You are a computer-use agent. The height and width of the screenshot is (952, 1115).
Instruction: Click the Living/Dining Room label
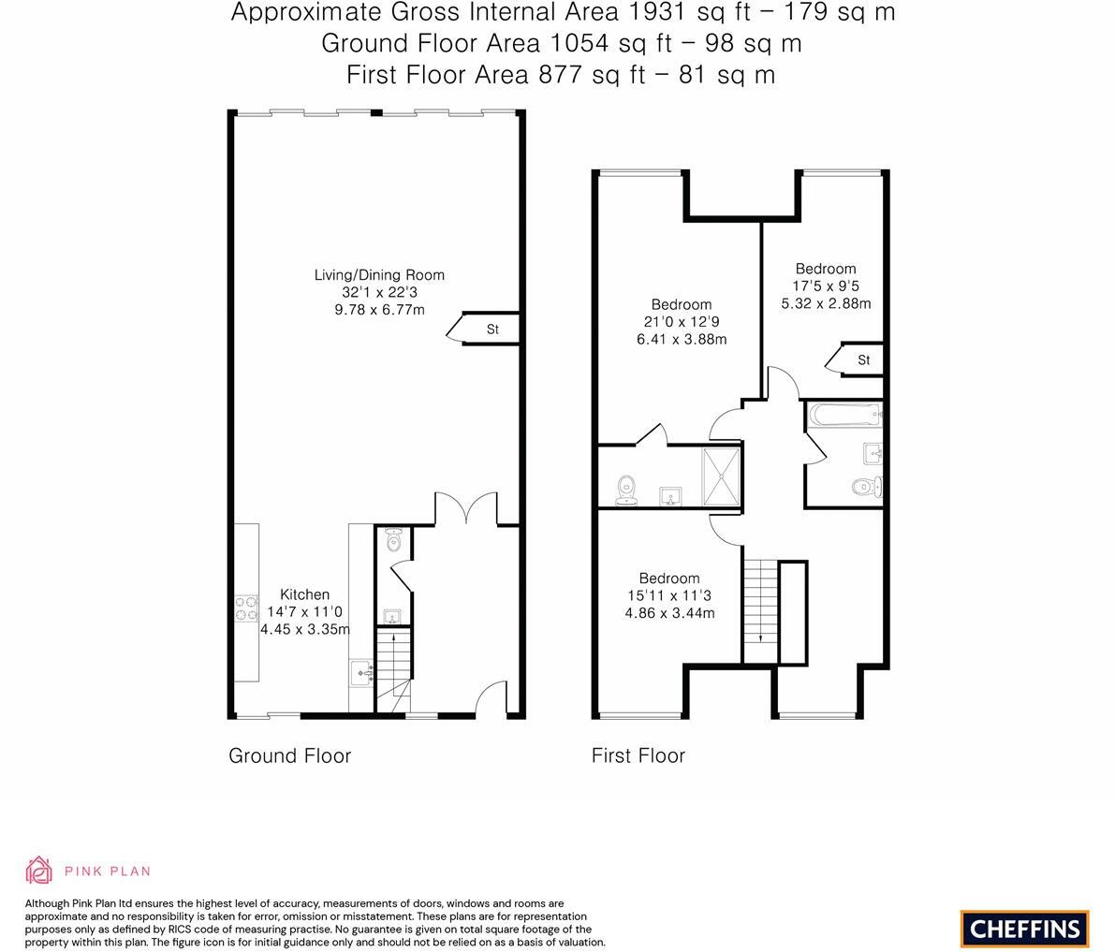pos(379,275)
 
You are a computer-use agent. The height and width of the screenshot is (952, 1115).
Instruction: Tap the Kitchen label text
pos(304,594)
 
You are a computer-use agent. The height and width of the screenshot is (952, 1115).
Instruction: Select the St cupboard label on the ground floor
pos(492,330)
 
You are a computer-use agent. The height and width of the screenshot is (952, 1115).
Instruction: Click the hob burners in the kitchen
pos(246,608)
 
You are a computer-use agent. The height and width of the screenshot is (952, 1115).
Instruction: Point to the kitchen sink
pos(361,672)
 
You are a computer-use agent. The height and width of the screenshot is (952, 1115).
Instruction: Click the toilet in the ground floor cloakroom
pos(393,540)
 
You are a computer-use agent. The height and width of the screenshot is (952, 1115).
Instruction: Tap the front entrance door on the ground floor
pos(490,702)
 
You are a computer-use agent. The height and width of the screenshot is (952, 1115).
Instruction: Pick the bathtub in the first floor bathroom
pos(844,412)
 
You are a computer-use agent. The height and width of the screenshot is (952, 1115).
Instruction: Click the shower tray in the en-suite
pos(721,476)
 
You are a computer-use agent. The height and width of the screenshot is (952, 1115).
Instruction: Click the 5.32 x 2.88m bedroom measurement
pos(826,303)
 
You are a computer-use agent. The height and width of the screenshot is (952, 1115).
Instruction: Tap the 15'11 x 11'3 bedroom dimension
pos(669,595)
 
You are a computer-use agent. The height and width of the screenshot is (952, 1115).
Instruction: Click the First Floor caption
pos(638,755)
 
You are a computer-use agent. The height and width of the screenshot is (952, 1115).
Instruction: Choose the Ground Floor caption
pos(289,755)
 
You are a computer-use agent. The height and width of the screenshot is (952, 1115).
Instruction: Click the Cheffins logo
pos(1024,929)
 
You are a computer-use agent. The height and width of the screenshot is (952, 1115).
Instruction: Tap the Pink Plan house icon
pos(39,870)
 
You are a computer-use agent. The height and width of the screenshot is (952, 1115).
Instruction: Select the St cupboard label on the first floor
pos(863,360)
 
